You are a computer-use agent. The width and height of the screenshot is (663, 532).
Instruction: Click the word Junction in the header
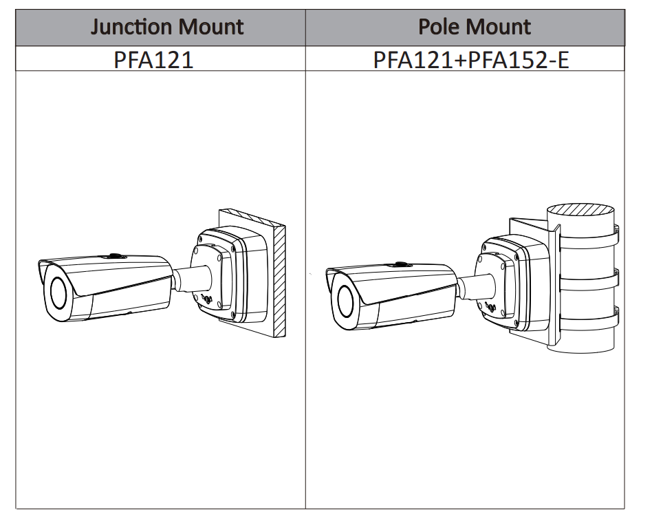point(131,28)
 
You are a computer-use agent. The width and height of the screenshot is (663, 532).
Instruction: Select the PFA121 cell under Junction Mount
point(153,59)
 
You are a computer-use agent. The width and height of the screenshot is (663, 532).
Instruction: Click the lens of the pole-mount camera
point(345,303)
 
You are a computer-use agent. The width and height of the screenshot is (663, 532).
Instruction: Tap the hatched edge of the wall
point(279,282)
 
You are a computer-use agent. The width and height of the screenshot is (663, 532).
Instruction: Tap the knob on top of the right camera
point(400,264)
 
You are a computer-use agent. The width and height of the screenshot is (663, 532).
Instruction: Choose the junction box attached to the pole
point(506,282)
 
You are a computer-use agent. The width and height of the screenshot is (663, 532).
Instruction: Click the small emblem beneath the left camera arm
point(206,301)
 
